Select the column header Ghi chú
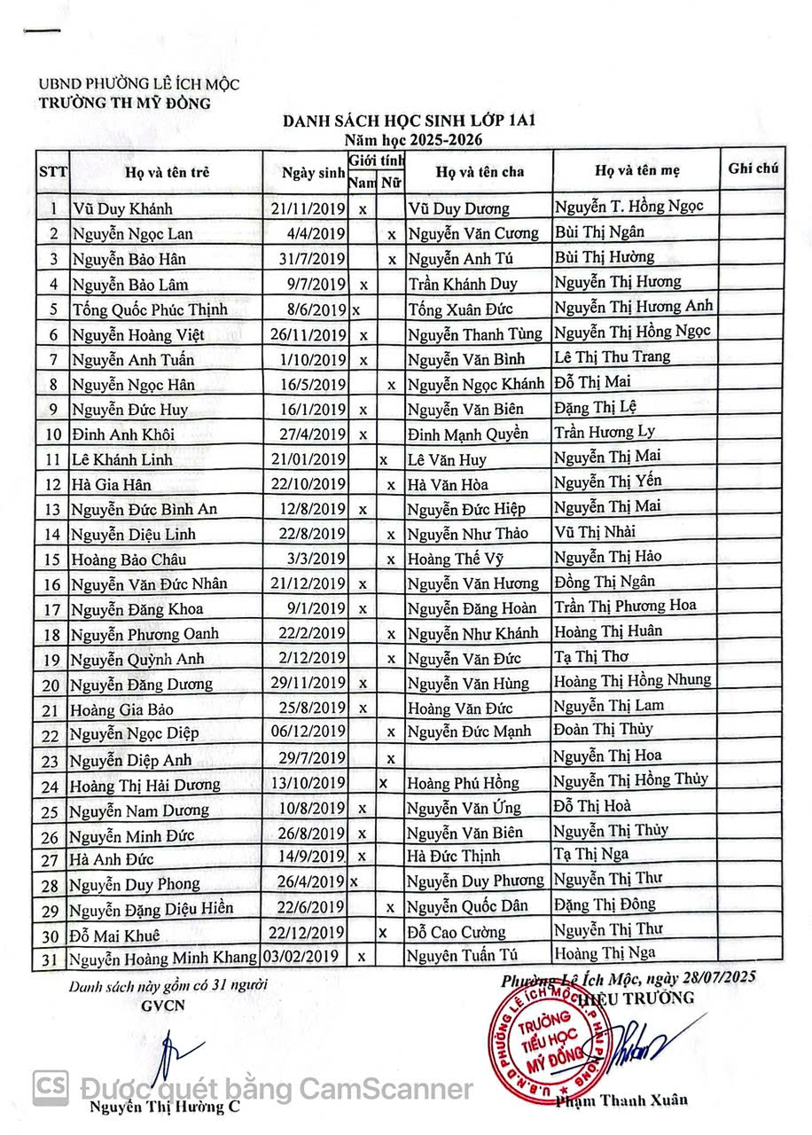(753, 168)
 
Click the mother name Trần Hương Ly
(605, 433)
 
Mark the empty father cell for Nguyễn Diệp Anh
(479, 758)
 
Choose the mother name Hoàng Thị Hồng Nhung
(632, 680)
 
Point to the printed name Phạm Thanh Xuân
(621, 1100)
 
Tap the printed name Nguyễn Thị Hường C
(164, 1108)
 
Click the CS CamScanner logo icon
(51, 1086)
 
